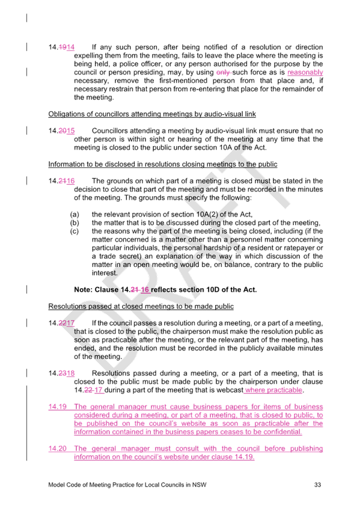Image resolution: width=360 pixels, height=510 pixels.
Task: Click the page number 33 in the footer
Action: pos(317,485)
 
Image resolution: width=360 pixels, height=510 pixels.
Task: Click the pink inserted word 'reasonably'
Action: pos(305,72)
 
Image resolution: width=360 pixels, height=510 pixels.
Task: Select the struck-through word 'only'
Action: pos(223,72)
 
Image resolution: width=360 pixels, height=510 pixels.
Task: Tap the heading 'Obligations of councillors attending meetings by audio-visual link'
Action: pos(152,114)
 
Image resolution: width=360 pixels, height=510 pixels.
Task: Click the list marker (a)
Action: pos(75,214)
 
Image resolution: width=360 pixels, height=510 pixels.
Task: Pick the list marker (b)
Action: pos(75,223)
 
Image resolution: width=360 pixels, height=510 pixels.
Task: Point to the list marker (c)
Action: pos(75,232)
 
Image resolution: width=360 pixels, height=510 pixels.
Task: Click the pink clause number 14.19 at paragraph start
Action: pos(58,407)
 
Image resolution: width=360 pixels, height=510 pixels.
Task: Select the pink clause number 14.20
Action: pos(58,449)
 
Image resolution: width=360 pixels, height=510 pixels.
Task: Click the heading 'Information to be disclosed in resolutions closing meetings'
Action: pos(163,164)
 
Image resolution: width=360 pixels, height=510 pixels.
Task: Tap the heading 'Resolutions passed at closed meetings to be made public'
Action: pos(141,306)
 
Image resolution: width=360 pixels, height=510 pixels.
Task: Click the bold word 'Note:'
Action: pos(83,290)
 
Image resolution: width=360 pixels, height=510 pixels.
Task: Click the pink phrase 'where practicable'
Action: pos(274,390)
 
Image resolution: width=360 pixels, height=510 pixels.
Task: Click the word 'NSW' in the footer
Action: pos(199,485)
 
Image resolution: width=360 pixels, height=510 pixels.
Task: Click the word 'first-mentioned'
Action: pos(183,81)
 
